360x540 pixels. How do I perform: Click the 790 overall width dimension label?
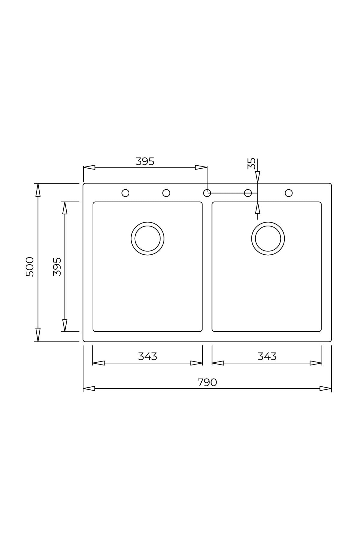207,382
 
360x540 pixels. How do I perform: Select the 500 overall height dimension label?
30,266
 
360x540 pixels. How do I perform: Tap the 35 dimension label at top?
251,163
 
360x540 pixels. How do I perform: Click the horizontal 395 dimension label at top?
145,161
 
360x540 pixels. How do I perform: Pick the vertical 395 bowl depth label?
57,266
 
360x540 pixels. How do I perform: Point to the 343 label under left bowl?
147,356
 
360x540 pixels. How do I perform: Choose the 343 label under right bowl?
267,356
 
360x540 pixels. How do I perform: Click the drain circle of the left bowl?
147,238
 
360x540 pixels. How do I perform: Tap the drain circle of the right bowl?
268,238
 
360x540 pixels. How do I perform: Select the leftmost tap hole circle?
125,193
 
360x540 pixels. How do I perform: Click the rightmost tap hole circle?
289,193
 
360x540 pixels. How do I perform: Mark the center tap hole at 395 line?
207,193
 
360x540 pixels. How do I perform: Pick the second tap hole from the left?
166,193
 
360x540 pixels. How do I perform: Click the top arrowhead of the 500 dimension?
38,190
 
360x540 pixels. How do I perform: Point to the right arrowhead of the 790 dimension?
325,388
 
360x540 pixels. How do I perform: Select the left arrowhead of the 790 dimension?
89,388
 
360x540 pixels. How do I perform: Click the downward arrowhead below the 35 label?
257,177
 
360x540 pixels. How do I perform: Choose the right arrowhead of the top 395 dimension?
201,167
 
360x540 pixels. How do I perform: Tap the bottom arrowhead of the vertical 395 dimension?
65,325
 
